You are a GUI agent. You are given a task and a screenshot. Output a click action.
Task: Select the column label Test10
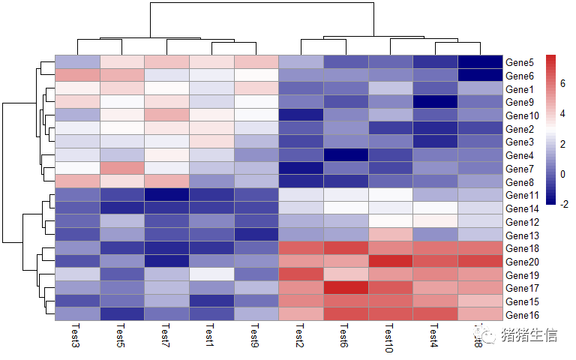point(389,338)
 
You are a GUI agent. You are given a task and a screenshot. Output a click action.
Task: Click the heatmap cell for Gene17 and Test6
point(344,288)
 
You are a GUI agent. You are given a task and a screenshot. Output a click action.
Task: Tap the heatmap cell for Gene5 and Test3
point(77,61)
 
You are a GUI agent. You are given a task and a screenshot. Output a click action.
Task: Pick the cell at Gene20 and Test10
point(389,261)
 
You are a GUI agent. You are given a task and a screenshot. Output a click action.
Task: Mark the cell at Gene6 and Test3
point(77,75)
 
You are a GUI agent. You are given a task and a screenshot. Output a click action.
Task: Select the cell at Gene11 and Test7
point(166,195)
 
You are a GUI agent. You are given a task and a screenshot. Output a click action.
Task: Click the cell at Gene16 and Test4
point(434,314)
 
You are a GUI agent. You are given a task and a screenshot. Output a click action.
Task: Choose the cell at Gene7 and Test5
point(121,168)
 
